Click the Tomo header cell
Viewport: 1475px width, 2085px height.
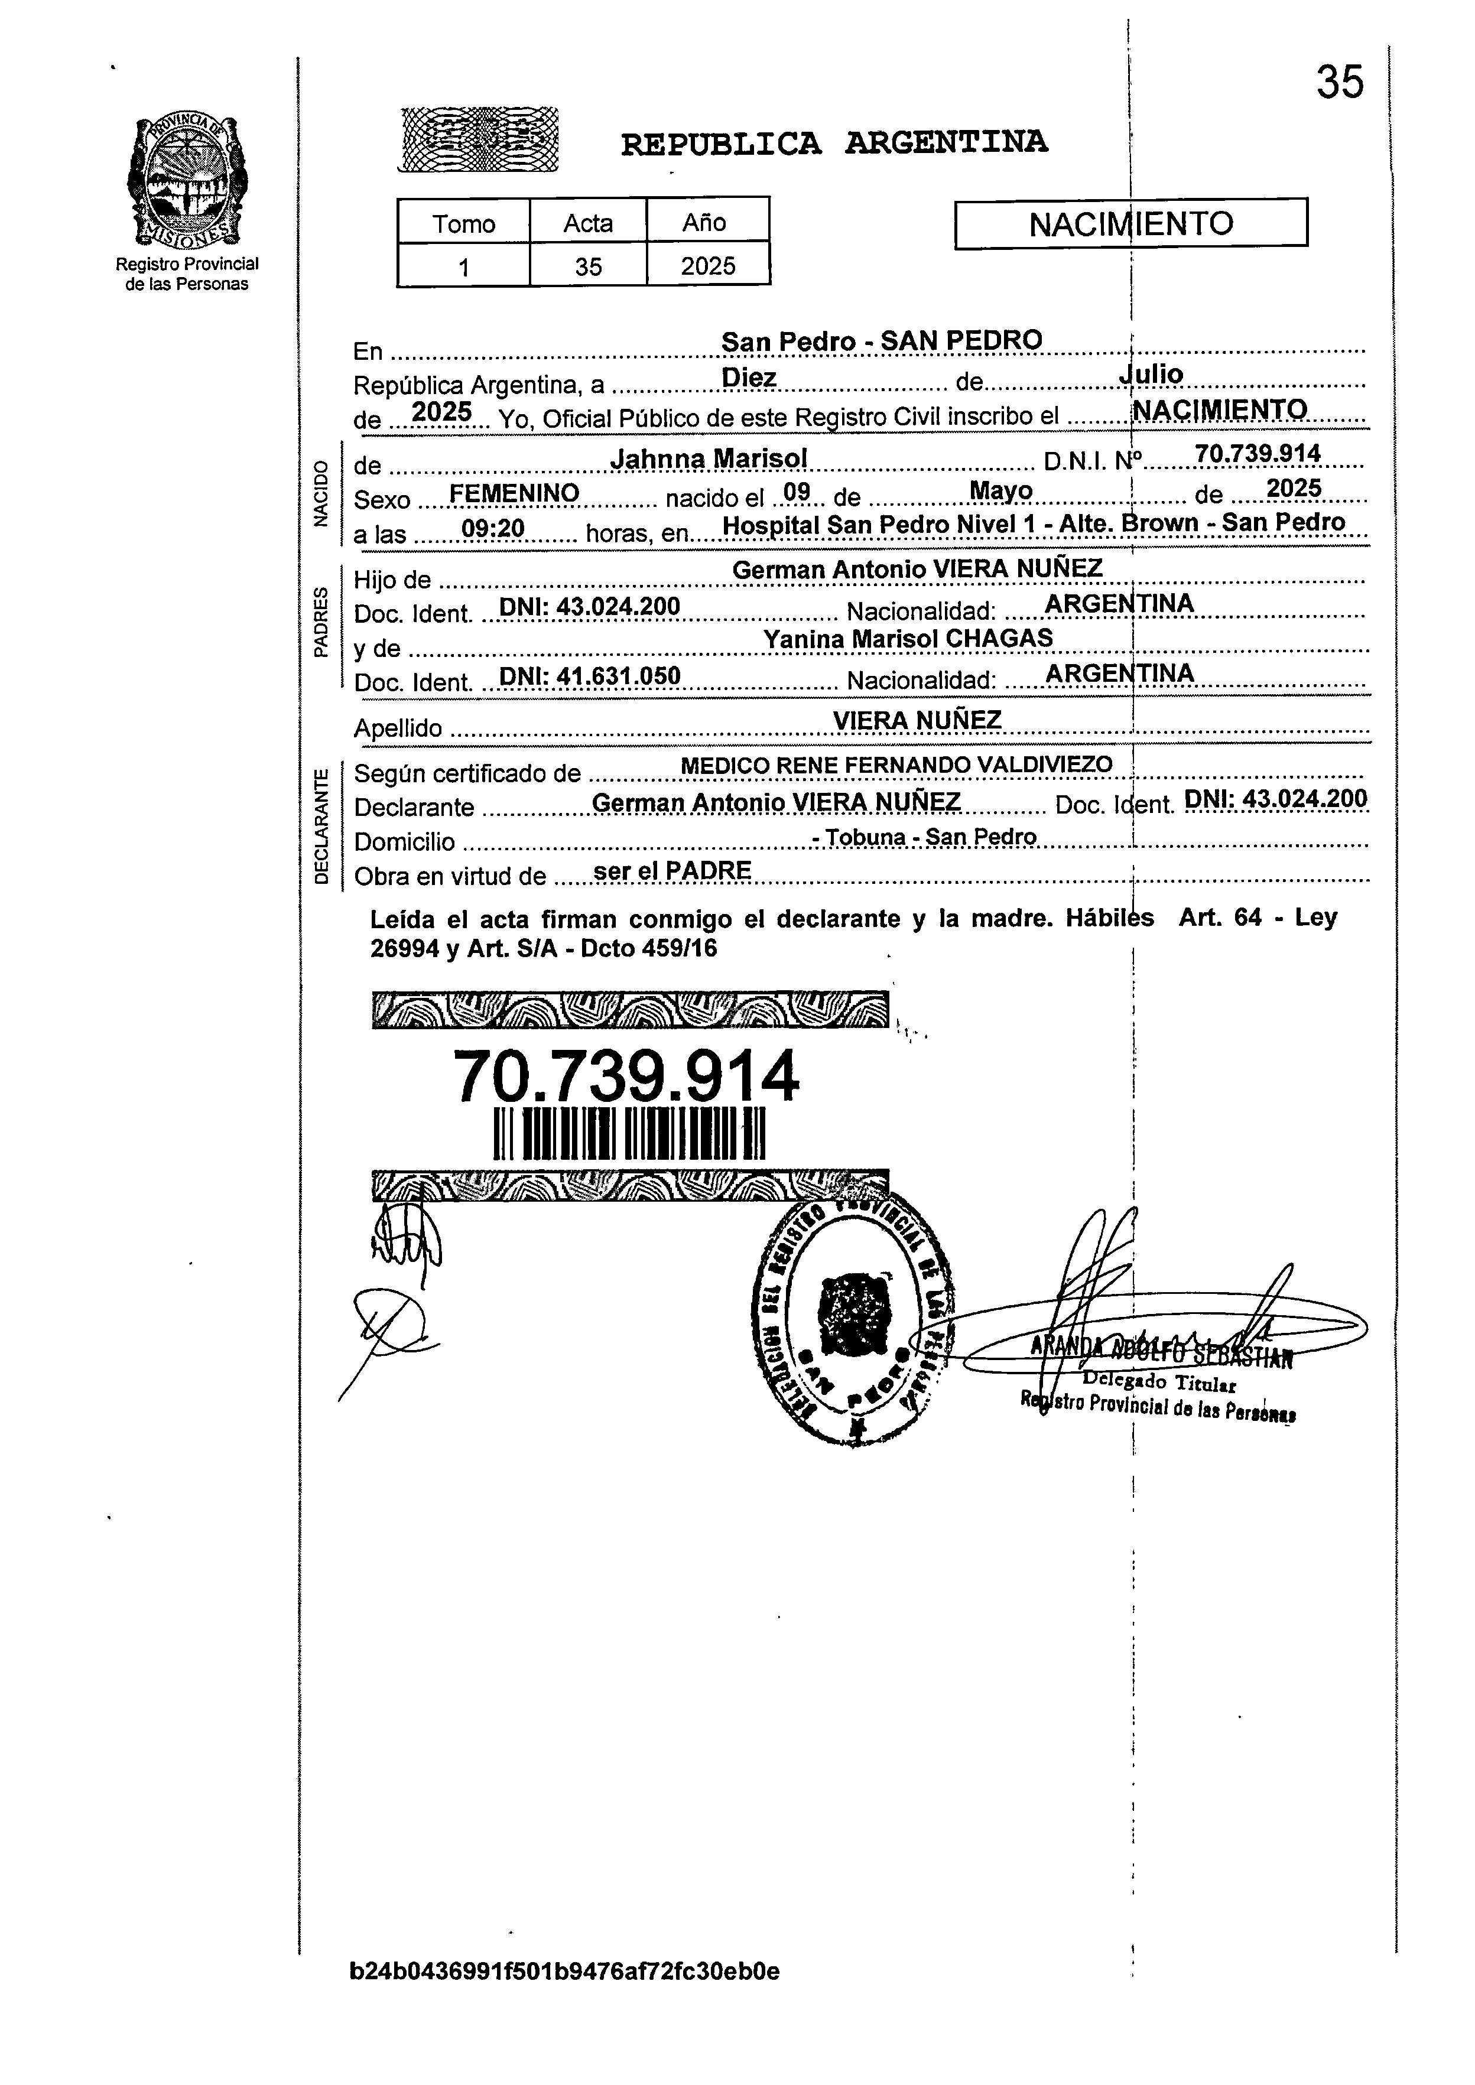click(x=463, y=223)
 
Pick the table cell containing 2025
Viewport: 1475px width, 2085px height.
click(x=707, y=266)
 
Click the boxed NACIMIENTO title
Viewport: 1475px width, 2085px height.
click(x=1130, y=223)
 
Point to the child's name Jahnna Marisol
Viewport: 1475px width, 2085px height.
click(x=709, y=460)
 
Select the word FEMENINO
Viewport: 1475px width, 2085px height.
click(x=514, y=493)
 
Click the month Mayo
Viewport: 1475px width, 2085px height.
click(x=1001, y=492)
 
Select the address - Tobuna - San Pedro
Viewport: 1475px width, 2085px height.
click(x=925, y=837)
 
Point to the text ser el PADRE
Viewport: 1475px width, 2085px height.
click(x=671, y=871)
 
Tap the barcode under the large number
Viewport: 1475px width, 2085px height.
click(x=629, y=1134)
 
